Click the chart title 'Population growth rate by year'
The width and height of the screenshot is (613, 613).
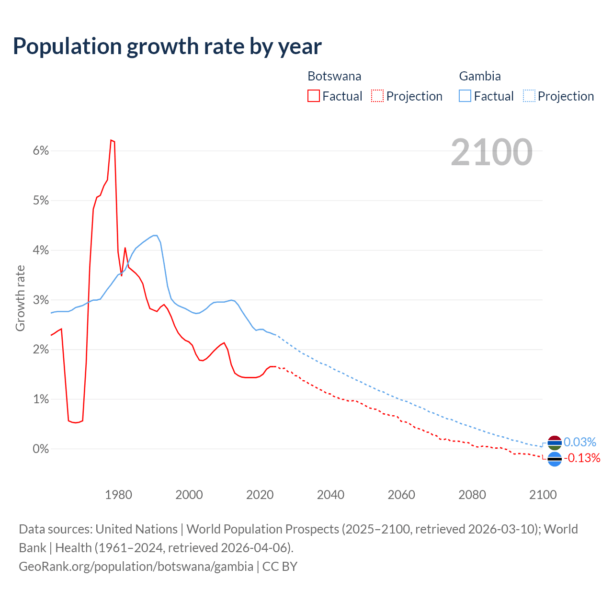[x=167, y=46]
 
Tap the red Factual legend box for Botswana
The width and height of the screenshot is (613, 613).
[x=314, y=96]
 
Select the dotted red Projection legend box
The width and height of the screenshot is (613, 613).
[x=377, y=96]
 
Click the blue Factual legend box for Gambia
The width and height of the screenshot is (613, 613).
[x=465, y=96]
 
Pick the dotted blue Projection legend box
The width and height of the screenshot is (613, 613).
[x=529, y=96]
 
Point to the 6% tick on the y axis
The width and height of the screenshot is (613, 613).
[x=41, y=151]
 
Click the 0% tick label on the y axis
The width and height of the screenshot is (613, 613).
[x=41, y=449]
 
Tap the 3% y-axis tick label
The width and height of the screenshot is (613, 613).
[x=41, y=300]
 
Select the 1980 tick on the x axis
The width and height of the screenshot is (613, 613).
[x=118, y=495]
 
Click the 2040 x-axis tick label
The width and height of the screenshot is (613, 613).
[x=330, y=495]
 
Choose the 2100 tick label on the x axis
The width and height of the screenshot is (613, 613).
[x=543, y=495]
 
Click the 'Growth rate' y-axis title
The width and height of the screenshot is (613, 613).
[x=20, y=298]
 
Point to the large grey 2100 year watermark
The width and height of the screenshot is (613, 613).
[x=491, y=152]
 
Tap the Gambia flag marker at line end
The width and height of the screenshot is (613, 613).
[x=554, y=443]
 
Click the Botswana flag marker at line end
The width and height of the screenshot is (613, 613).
[x=554, y=459]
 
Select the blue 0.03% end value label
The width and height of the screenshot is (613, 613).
[x=580, y=442]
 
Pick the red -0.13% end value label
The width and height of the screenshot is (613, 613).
[x=582, y=458]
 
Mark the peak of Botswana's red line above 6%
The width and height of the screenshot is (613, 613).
[x=111, y=140]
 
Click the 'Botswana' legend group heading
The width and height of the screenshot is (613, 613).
[x=334, y=76]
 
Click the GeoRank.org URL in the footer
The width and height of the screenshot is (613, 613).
[x=136, y=567]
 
